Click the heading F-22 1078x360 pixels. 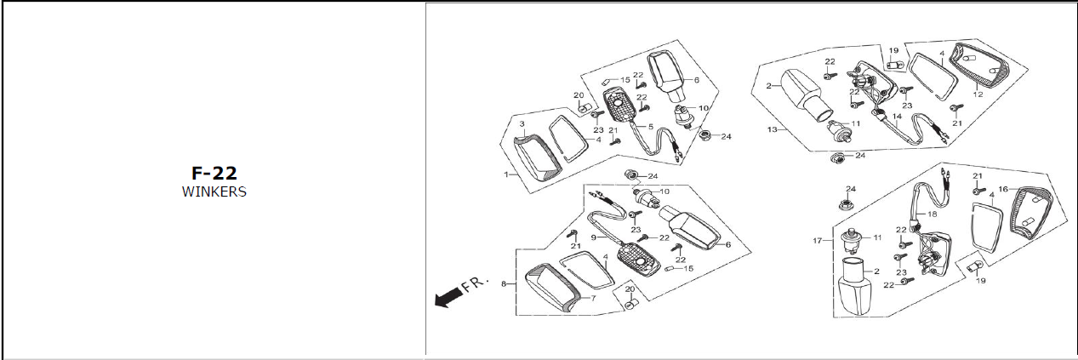(214, 174)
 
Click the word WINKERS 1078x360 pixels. (214, 191)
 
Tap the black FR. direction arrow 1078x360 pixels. (448, 297)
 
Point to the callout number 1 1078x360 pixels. (505, 174)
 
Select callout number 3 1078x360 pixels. (522, 124)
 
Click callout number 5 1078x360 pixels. (651, 127)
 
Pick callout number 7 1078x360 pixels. (593, 298)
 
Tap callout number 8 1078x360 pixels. (505, 283)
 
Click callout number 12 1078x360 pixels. (978, 94)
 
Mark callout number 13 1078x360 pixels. (772, 130)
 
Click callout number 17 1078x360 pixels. (818, 241)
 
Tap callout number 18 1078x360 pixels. (933, 214)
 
